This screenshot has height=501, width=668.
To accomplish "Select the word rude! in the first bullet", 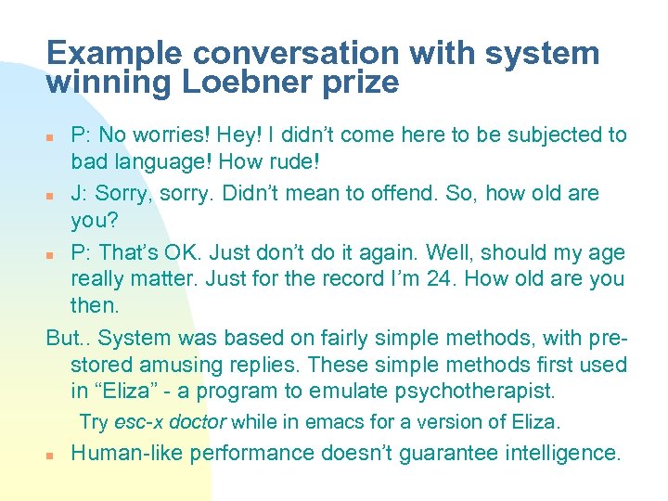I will pyautogui.click(x=291, y=162).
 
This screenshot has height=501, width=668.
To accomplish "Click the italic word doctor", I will pyautogui.click(x=196, y=422).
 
